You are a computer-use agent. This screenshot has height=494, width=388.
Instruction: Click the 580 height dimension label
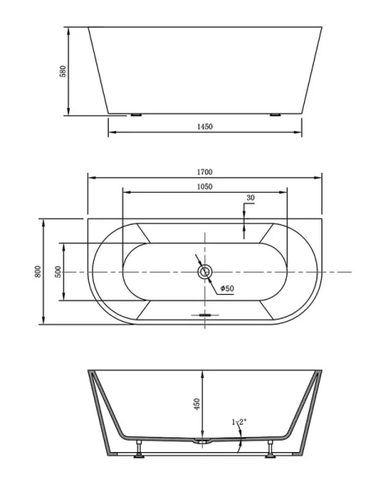(x=62, y=72)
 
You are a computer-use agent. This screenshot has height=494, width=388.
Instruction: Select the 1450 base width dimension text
(x=206, y=127)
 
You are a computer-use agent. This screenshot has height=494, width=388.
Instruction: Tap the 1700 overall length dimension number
(x=206, y=171)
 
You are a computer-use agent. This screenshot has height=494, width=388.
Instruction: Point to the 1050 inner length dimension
(x=205, y=187)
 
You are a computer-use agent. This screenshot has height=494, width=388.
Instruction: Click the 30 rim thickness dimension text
(x=250, y=198)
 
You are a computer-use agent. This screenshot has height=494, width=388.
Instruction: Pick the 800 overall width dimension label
(x=37, y=271)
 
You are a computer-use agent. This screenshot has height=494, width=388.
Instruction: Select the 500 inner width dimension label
(x=58, y=272)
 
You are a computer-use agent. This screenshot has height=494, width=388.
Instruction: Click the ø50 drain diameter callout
(x=227, y=288)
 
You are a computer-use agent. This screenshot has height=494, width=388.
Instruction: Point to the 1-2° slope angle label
(x=239, y=423)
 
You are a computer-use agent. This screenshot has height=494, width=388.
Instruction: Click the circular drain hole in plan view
(x=205, y=271)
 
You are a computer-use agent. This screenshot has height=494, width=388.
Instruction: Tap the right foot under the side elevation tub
(x=275, y=114)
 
